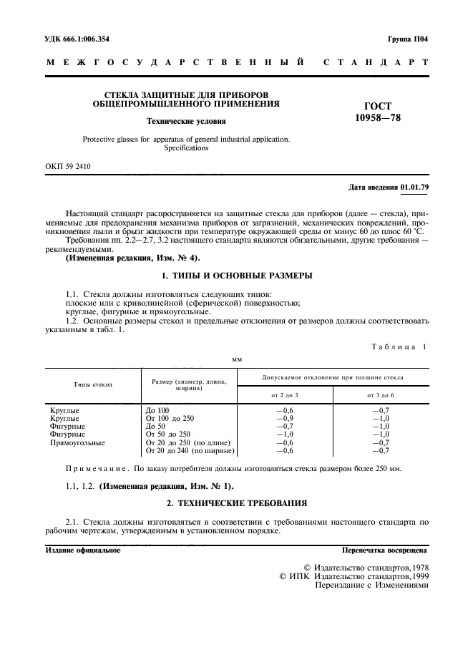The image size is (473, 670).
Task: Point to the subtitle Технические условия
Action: [186, 121]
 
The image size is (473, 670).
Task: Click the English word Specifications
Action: [186, 148]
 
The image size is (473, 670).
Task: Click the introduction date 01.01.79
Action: [414, 188]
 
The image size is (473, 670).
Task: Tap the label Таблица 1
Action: [399, 346]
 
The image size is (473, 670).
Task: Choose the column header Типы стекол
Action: [92, 384]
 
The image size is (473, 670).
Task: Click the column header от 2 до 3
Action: [285, 394]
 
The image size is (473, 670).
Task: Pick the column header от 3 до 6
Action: [381, 394]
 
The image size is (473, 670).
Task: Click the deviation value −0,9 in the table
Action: [285, 418]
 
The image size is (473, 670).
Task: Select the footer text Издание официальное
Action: [83, 550]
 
